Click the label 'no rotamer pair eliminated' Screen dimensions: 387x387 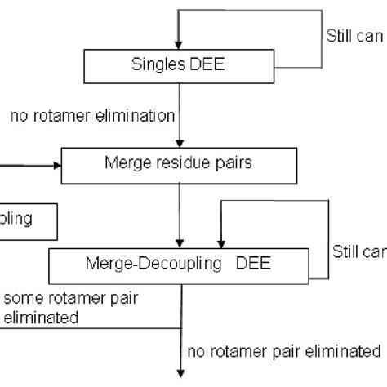tap(283, 352)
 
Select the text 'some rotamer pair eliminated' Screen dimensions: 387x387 tap(69, 309)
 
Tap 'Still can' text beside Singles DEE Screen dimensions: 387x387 tap(351, 36)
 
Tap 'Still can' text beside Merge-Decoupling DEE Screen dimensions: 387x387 tap(358, 251)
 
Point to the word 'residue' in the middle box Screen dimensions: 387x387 tap(189, 164)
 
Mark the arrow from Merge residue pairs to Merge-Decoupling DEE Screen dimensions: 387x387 tap(179, 212)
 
